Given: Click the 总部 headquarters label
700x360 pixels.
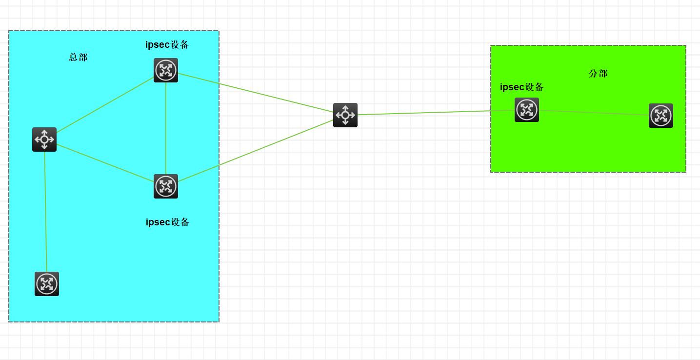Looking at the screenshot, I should click(x=78, y=57).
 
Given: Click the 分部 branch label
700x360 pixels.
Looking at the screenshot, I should click(x=598, y=73).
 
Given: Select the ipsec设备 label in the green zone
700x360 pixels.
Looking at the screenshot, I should click(x=521, y=87).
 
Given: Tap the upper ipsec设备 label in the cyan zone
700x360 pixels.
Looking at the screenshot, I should click(x=167, y=44).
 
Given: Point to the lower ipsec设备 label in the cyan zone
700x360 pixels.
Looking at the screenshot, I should click(x=167, y=222).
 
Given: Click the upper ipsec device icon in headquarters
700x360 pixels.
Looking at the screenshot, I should click(x=166, y=70).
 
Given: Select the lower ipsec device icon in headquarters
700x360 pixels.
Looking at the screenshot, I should click(x=166, y=186).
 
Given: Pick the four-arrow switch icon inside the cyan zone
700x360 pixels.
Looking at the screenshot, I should click(x=44, y=140).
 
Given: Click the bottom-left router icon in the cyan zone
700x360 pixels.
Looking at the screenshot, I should click(x=47, y=284).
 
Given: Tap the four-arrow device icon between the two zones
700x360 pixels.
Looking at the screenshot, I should click(x=345, y=115).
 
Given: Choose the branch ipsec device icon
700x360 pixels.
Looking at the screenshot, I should click(x=527, y=110).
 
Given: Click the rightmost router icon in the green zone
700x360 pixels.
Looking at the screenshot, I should click(x=661, y=116).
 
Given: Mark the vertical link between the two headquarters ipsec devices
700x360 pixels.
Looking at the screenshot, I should click(x=166, y=128).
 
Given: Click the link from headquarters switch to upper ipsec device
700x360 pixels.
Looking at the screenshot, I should click(x=105, y=105).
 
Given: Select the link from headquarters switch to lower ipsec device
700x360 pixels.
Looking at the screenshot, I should click(x=105, y=162).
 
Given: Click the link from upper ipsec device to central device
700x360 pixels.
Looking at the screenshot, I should click(x=256, y=93).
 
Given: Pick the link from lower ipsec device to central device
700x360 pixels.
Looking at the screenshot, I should click(x=256, y=151).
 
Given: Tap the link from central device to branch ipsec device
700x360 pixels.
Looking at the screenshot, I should click(x=436, y=113).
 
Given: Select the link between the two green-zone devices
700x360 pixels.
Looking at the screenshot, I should click(x=594, y=113).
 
